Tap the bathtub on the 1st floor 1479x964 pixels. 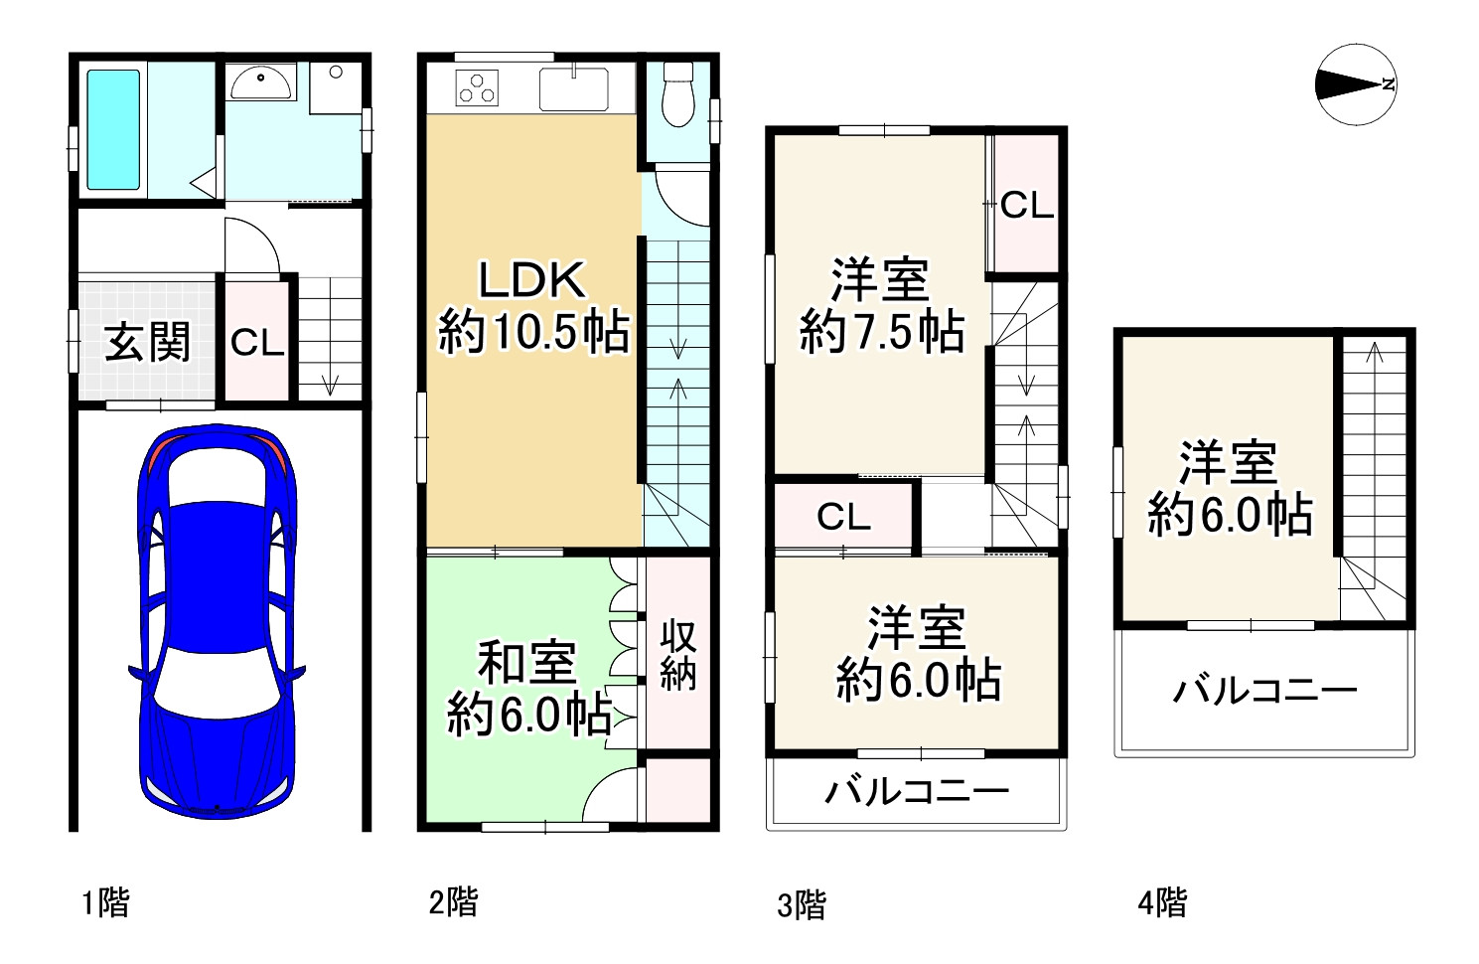click(113, 129)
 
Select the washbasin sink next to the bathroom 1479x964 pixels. click(261, 83)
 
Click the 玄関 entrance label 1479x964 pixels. click(147, 343)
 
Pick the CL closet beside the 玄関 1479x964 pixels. click(257, 343)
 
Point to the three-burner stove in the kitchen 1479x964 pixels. click(477, 88)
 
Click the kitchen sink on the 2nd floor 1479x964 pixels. click(574, 89)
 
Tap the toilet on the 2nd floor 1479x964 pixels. click(677, 95)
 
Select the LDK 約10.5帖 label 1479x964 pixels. click(533, 306)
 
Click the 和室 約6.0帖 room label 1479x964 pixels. click(528, 689)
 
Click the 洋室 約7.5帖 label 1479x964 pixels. click(881, 305)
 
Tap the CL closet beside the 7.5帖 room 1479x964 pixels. click(1026, 205)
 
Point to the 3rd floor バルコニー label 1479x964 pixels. click(917, 792)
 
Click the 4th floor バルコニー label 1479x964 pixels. click(1264, 690)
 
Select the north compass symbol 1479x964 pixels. click(1355, 84)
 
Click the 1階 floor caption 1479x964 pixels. click(105, 903)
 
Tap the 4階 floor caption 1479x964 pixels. click(1162, 903)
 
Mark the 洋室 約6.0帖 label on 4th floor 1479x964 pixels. click(1230, 489)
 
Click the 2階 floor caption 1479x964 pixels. click(453, 902)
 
